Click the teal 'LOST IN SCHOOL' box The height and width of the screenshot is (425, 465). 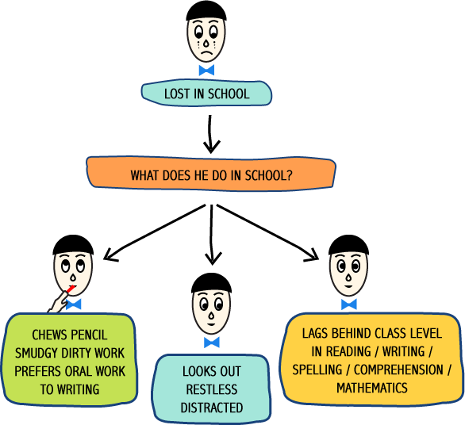206,94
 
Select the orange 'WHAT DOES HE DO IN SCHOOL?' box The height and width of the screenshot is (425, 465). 211,174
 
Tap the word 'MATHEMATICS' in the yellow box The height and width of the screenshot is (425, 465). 372,388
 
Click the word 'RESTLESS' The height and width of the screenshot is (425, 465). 211,389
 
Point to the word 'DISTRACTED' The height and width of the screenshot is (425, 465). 211,408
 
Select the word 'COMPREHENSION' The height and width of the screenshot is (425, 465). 398,369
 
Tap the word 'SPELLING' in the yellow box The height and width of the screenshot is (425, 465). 317,369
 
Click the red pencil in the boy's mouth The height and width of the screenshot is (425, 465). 71,289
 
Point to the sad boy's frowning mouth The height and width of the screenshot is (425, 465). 206,54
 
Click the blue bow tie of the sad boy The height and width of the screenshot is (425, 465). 206,71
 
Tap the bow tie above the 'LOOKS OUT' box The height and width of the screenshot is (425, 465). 211,342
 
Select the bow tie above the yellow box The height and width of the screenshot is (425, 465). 349,304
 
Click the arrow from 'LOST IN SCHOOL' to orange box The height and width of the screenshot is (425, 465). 210,134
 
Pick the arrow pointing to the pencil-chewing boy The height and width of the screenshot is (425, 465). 154,232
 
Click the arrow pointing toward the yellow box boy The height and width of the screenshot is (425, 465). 267,232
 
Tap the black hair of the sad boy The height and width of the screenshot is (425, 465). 206,11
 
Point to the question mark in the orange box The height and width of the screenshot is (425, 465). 290,175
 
